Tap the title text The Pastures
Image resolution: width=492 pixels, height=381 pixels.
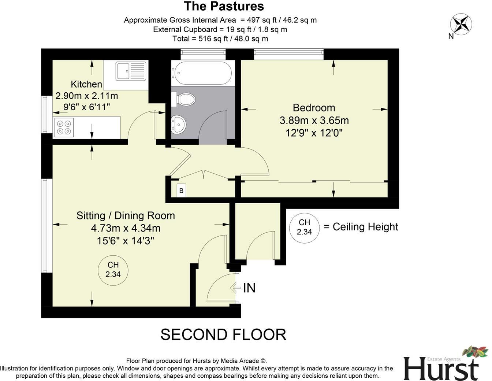tap(224, 6)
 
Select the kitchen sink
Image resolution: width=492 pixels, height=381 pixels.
tap(131, 71)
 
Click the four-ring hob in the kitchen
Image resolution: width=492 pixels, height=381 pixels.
tap(64, 127)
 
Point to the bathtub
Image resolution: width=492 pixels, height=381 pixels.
tap(202, 73)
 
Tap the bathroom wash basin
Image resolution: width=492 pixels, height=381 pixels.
tap(179, 124)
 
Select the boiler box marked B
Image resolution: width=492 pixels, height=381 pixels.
tap(181, 190)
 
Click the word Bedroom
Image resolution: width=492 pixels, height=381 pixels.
tap(314, 108)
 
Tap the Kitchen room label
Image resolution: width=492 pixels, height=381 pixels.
tap(86, 84)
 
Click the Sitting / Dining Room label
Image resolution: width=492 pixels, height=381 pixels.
tap(126, 215)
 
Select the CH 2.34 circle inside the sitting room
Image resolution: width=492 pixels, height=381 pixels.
tap(113, 269)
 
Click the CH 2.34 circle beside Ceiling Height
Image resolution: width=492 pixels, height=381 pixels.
tap(304, 227)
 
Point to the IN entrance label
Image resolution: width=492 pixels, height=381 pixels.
tap(249, 288)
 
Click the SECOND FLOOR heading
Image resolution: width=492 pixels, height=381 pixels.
tap(223, 334)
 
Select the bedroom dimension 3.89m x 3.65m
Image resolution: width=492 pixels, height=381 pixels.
tap(314, 120)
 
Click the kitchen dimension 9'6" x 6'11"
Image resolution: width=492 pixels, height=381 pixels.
tap(87, 107)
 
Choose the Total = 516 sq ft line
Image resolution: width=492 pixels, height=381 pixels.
tap(220, 38)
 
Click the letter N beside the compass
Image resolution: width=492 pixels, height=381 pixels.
tap(451, 36)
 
